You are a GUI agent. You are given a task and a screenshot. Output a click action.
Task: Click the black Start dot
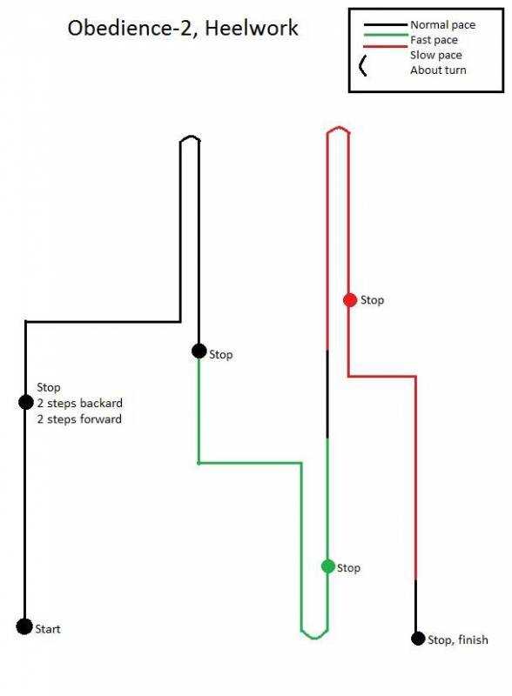[x=24, y=626]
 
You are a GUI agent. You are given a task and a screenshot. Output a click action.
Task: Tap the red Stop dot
[x=350, y=300]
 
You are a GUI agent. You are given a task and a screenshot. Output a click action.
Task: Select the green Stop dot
[x=328, y=566]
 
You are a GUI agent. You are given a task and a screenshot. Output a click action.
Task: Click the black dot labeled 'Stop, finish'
[x=418, y=639]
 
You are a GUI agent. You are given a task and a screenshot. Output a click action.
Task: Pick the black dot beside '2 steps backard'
[x=26, y=402]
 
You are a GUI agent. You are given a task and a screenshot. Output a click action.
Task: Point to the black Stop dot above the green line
[x=199, y=351]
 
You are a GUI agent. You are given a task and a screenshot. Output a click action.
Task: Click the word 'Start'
[x=48, y=629]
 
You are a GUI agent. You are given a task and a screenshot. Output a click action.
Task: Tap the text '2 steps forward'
[x=79, y=419]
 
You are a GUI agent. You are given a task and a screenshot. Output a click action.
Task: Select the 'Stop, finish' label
[x=458, y=639]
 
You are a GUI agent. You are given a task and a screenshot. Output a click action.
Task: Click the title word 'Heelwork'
[x=252, y=28]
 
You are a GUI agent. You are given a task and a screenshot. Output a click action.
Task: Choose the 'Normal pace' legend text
[x=442, y=25]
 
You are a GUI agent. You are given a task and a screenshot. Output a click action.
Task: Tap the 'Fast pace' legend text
[x=434, y=40]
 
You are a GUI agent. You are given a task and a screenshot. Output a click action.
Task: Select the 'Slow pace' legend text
[x=436, y=55]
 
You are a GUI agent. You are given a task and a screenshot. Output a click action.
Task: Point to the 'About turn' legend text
[x=438, y=70]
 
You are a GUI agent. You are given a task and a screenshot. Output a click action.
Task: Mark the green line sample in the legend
[x=386, y=36]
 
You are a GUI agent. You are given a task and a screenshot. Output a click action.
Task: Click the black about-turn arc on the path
[x=190, y=137]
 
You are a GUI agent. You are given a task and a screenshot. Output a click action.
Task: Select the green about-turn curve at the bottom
[x=314, y=637]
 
